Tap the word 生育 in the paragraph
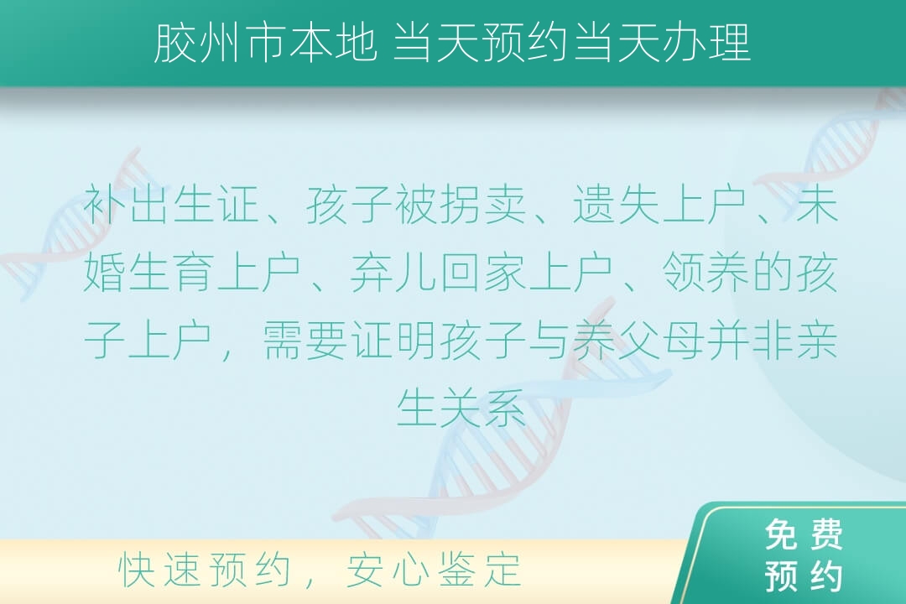click(171, 272)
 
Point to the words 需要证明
click(350, 340)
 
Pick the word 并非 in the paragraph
click(749, 340)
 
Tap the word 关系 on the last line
click(483, 408)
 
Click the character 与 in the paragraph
click(549, 340)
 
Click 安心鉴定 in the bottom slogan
click(434, 570)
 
